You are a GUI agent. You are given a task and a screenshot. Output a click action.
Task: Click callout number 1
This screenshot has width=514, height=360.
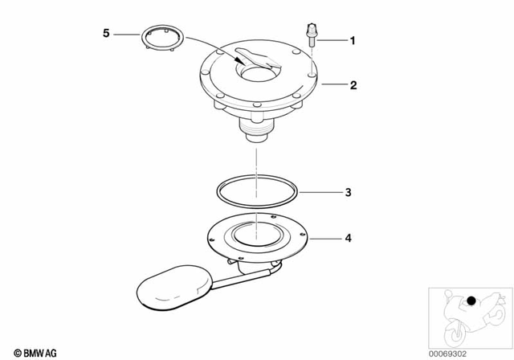pos(350,39)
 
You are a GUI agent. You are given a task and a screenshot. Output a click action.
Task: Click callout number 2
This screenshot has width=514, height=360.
pos(350,83)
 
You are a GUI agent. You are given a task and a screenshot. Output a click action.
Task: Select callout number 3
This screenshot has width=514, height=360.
pos(347,193)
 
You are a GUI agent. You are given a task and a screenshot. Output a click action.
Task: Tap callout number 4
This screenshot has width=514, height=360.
pos(347,239)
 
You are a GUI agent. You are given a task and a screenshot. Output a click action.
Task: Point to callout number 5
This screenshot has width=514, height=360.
pos(106,34)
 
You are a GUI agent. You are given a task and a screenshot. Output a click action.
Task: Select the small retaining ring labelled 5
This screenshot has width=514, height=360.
pos(162,41)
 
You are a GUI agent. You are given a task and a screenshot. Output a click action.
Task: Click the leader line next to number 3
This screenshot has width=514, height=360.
pos(319,193)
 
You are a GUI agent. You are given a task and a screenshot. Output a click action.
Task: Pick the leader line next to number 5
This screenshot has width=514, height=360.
pos(125,34)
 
